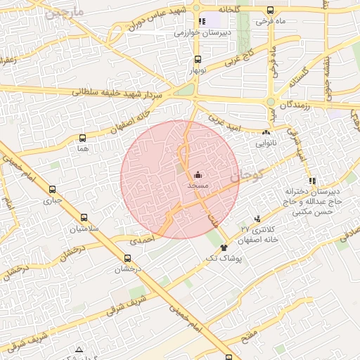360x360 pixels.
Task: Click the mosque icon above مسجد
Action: coord(198,175)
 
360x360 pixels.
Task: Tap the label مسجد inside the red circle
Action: coord(198,185)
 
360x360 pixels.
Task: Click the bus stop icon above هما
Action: coord(84,138)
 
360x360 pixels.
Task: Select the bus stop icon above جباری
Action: coord(53,189)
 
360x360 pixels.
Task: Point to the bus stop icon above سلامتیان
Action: coord(84,218)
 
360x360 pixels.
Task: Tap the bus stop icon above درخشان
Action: coord(128,258)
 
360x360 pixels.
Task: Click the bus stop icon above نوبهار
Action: coord(197,60)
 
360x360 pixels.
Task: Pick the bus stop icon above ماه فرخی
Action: coord(271,11)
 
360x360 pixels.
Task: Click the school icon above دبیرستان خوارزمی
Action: coord(203,21)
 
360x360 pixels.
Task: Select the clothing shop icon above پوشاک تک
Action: coord(224,247)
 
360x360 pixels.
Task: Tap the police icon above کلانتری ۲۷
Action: coord(257,219)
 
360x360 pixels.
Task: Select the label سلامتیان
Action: coord(84,229)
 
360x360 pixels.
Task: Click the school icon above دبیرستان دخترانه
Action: coord(312,181)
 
